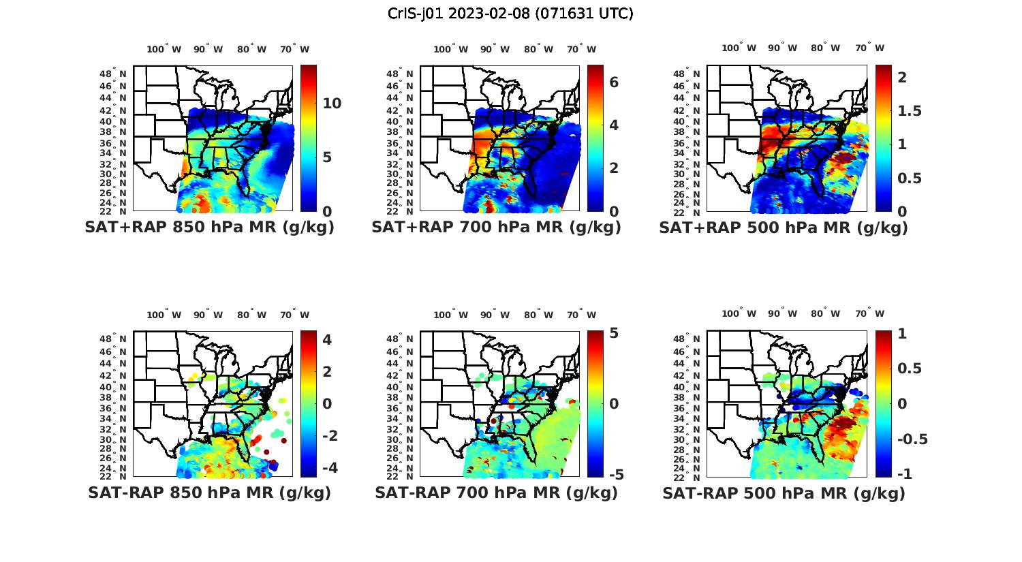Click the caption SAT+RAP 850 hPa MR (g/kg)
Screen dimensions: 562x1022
tap(209, 228)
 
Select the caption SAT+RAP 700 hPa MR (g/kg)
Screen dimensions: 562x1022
tap(496, 228)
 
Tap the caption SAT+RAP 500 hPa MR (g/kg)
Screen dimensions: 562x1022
tap(784, 228)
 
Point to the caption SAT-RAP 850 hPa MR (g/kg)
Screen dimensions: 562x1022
tap(209, 493)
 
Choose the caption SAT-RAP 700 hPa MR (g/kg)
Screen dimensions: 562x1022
tap(496, 493)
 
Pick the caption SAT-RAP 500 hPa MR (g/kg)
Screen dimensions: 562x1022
tap(784, 493)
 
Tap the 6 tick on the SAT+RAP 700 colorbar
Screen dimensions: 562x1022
tap(614, 82)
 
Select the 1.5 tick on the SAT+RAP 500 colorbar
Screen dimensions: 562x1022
tap(910, 110)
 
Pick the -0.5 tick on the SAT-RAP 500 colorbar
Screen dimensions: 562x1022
tap(912, 439)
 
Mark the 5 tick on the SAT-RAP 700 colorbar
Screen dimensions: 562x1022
tap(614, 333)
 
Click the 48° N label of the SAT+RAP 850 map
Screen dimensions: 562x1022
tap(114, 74)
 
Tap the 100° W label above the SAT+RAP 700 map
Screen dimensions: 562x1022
tap(450, 49)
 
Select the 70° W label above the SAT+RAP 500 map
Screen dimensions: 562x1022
tap(869, 48)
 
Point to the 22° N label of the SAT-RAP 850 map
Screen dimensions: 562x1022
tap(114, 475)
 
